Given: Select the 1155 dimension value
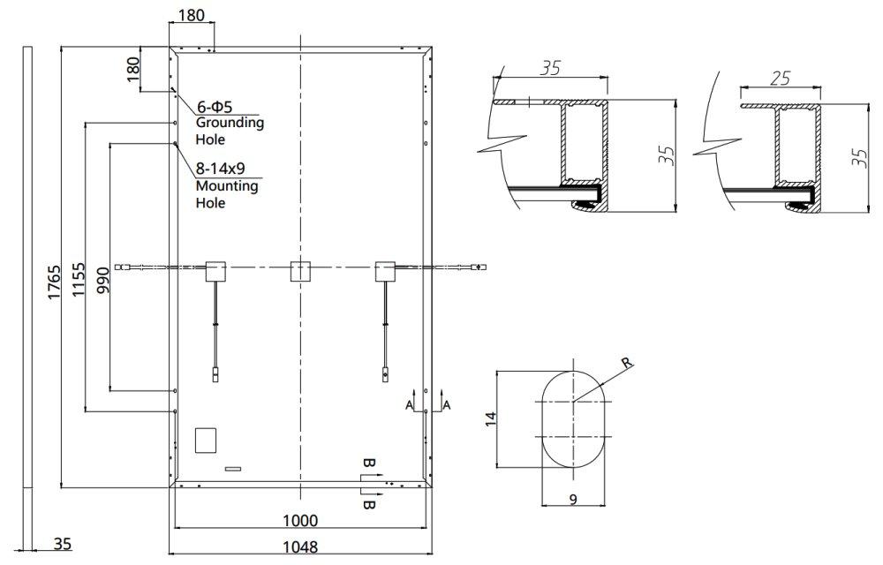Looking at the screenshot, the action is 79,279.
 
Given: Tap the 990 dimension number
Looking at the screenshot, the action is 102,280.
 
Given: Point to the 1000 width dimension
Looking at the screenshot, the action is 300,521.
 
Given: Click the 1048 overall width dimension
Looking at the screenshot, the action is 300,546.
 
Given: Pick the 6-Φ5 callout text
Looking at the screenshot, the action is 214,106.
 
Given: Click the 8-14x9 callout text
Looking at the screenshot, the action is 221,169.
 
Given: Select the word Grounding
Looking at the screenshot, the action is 230,123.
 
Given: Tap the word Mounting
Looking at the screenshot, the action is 227,186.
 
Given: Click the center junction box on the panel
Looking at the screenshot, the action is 300,271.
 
